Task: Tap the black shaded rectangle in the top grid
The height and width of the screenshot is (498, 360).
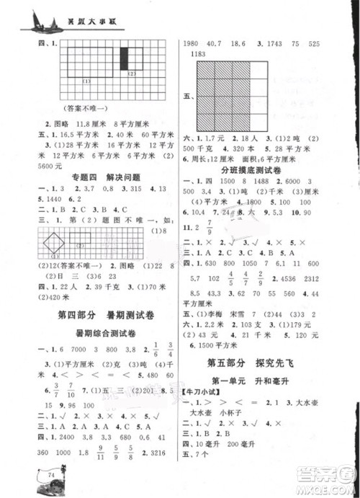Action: click(124, 58)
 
